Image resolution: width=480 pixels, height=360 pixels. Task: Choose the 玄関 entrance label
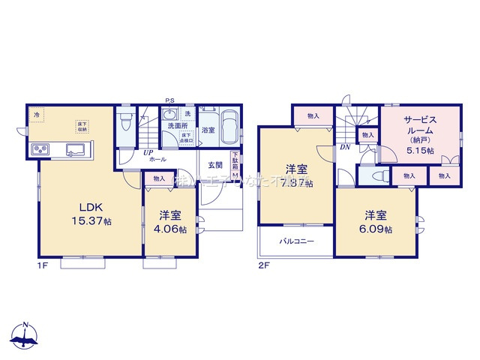[x=215, y=165]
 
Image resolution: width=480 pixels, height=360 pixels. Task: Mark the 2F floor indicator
[x=262, y=266]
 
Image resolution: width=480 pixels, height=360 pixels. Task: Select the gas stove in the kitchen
[x=40, y=151]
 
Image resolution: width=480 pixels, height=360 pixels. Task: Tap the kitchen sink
[x=76, y=149]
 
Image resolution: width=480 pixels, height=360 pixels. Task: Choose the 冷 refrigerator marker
[x=37, y=115]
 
